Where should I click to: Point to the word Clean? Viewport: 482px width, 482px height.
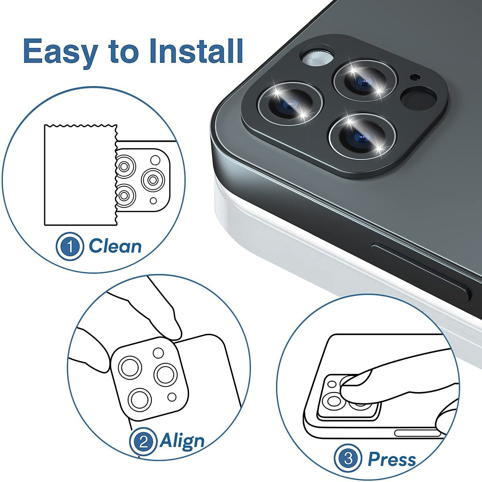pyautogui.click(x=115, y=246)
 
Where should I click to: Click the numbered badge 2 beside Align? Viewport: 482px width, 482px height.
pyautogui.click(x=143, y=442)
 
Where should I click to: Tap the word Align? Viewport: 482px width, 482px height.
pyautogui.click(x=182, y=441)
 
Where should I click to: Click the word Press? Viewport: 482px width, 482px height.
pyautogui.click(x=392, y=458)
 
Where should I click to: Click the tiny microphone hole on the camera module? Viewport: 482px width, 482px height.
pyautogui.click(x=414, y=77)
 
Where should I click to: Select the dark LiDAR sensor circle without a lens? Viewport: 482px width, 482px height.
pyautogui.click(x=419, y=99)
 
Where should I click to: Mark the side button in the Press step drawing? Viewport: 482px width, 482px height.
pyautogui.click(x=418, y=433)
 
